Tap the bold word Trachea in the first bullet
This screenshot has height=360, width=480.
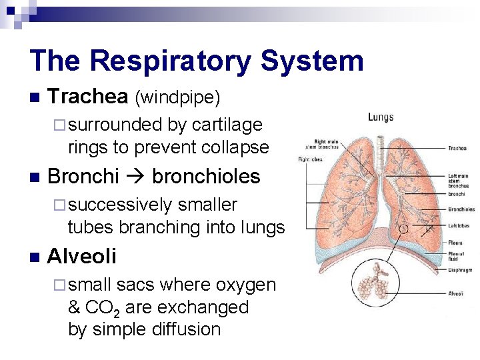click(x=88, y=97)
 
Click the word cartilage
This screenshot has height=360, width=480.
click(x=227, y=125)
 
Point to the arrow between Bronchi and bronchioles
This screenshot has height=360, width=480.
click(x=135, y=177)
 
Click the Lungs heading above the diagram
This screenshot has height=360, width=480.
click(x=381, y=117)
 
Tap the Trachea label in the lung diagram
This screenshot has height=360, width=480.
click(x=457, y=149)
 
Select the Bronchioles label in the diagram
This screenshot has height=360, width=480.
click(x=461, y=209)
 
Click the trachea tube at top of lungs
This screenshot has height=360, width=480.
click(x=380, y=147)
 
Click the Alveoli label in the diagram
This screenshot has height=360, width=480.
click(x=456, y=293)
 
